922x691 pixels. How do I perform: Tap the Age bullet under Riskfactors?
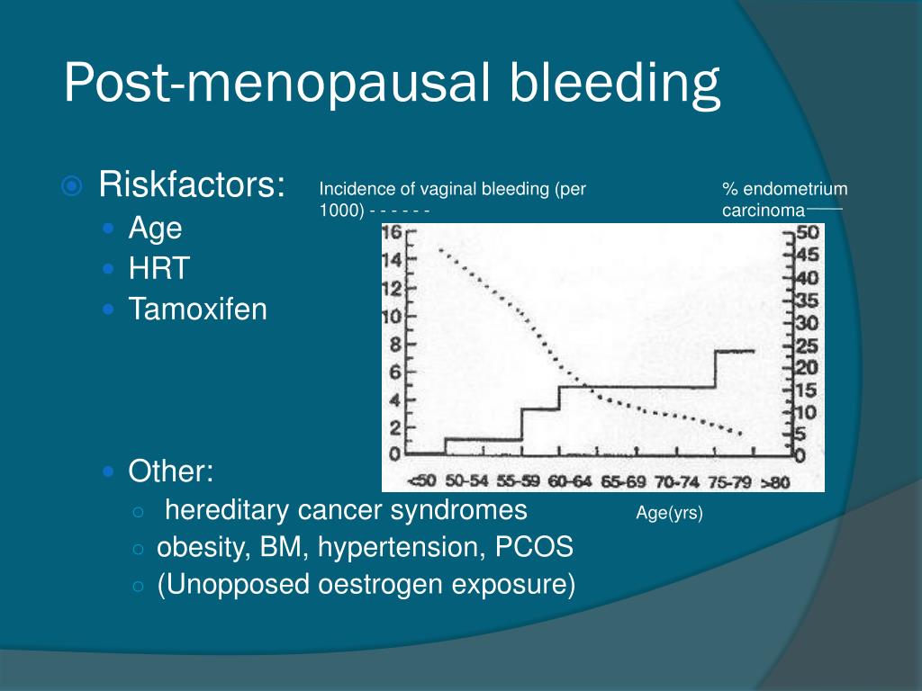coord(155,228)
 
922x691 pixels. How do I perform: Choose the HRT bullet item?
coord(159,268)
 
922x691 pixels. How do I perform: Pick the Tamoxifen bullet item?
coord(197,310)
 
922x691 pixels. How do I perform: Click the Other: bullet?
coord(171,471)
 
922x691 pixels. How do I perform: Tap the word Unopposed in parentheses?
coord(233,584)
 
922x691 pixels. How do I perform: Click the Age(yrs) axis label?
coord(669,514)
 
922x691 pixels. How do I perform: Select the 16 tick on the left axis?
coord(393,233)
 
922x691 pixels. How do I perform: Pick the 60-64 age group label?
coord(571,482)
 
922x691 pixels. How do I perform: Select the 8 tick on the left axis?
coord(394,344)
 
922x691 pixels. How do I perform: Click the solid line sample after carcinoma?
coord(824,208)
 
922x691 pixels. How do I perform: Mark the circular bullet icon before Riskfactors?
coord(72,186)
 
